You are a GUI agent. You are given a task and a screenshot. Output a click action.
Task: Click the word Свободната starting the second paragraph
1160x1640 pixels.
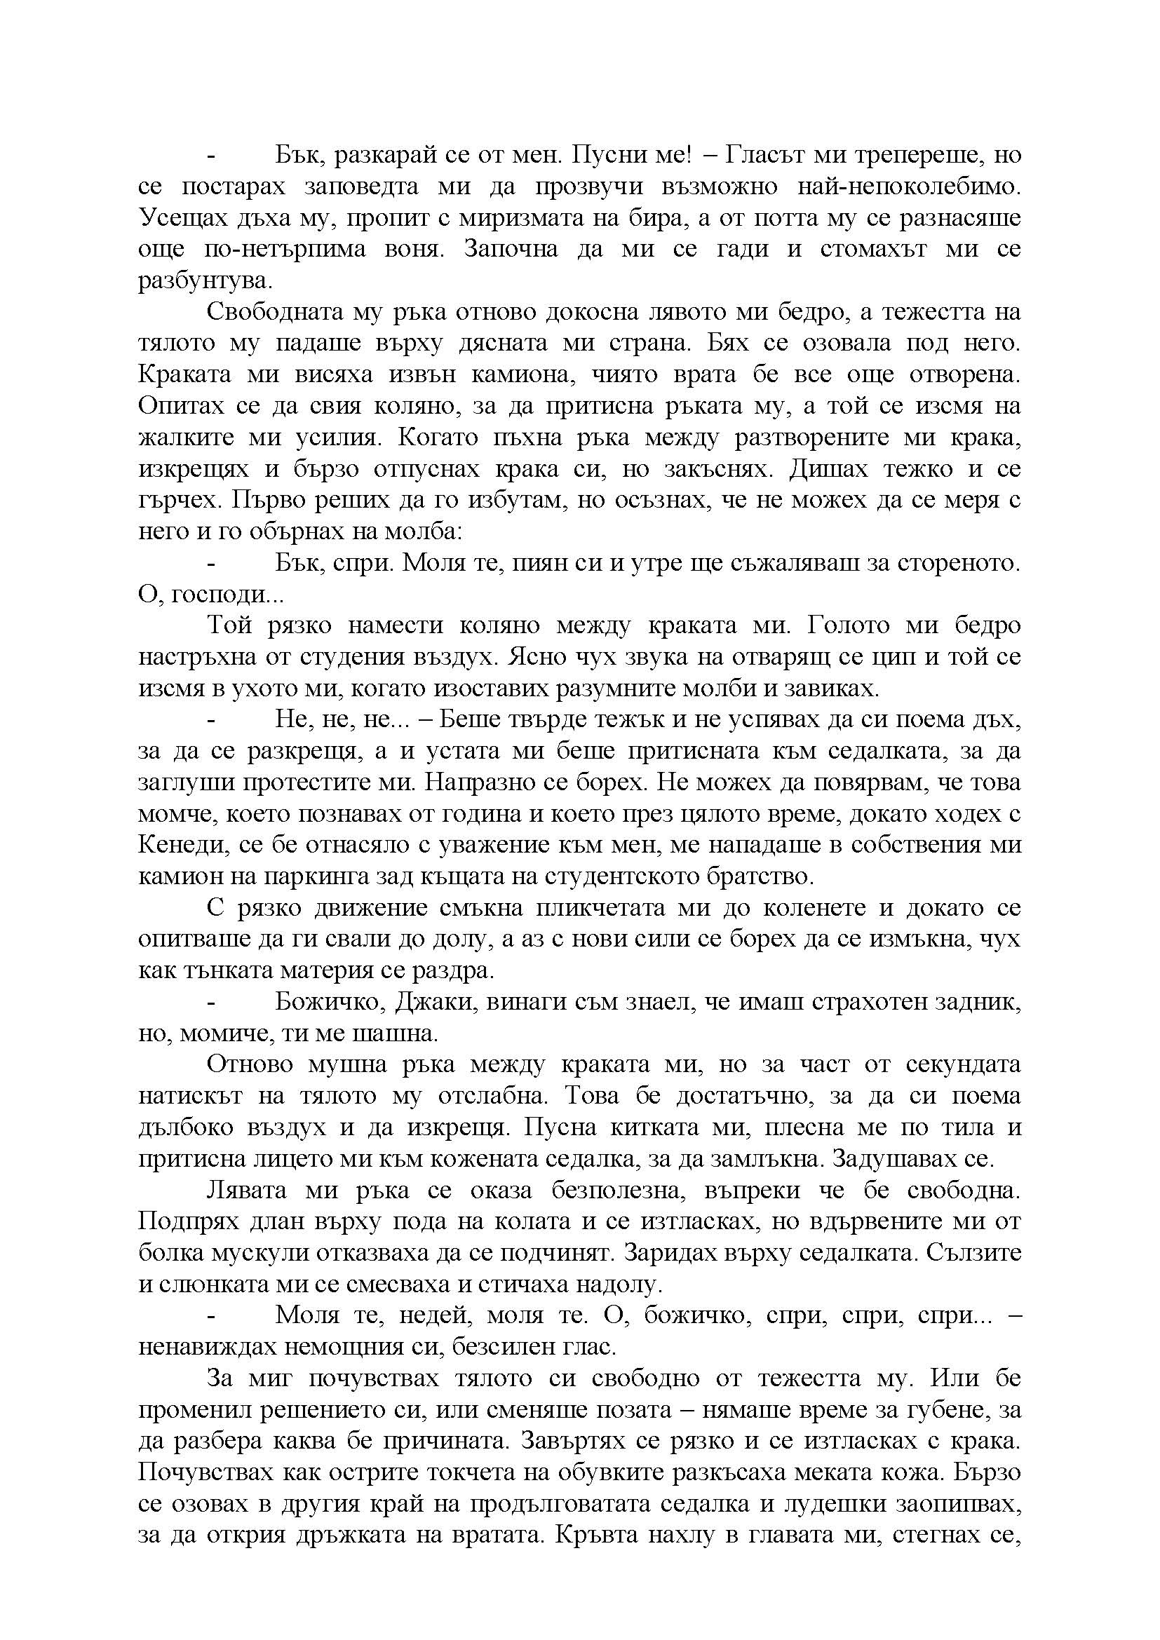271,312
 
